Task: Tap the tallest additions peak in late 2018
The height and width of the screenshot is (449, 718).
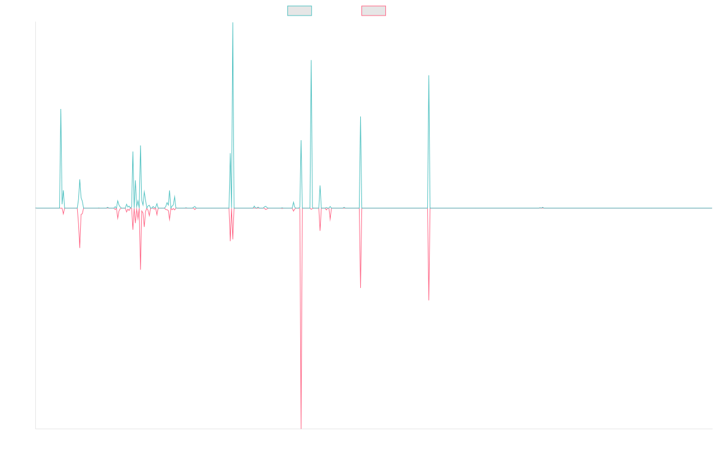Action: tap(233, 24)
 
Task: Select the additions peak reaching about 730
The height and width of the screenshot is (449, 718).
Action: tap(311, 60)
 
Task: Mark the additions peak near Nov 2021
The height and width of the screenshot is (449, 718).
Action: tap(429, 75)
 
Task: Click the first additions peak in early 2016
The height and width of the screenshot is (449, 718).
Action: tap(61, 110)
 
